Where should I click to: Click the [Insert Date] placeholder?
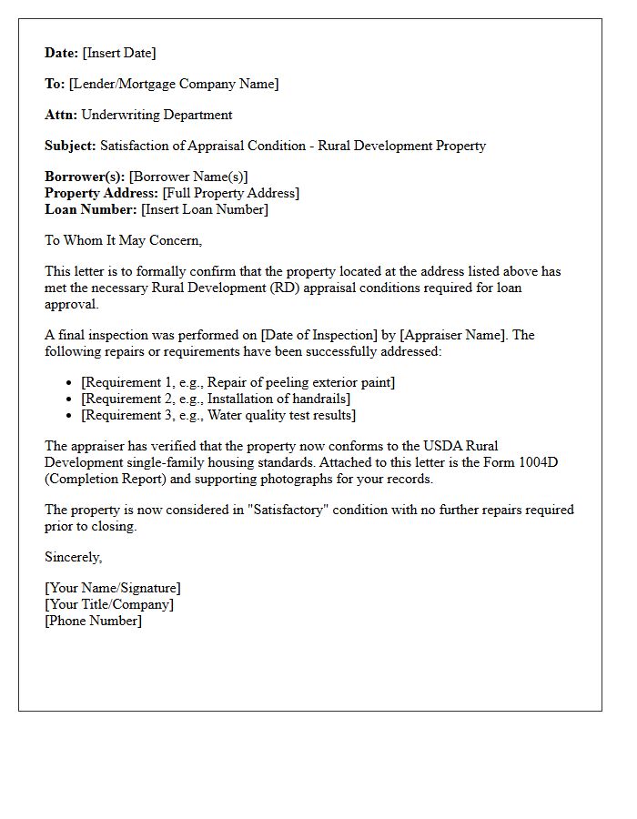click(119, 53)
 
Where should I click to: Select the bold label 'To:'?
click(55, 84)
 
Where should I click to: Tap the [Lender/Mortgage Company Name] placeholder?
click(174, 84)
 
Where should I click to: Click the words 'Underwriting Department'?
click(157, 115)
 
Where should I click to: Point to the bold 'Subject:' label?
click(70, 146)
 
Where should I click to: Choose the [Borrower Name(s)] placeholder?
click(188, 177)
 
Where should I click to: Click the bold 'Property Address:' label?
click(101, 193)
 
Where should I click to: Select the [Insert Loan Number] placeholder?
click(205, 209)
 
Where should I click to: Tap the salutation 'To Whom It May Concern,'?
click(124, 240)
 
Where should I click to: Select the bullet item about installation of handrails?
click(216, 399)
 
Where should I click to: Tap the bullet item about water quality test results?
click(218, 415)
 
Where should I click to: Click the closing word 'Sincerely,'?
click(74, 557)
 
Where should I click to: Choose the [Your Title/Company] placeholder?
click(109, 604)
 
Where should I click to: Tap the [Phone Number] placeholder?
click(94, 621)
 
